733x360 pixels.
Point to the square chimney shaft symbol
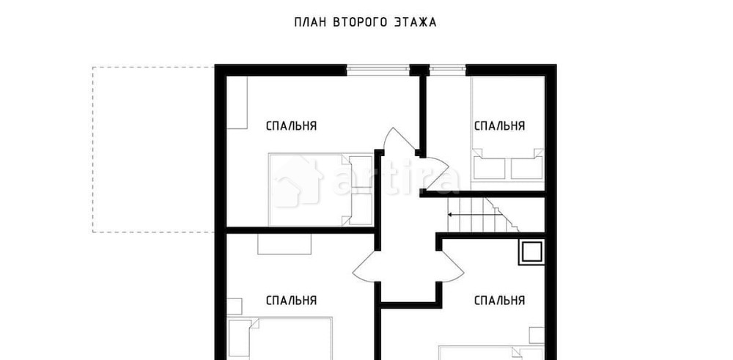point(531,252)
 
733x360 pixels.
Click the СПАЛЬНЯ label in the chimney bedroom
point(499,300)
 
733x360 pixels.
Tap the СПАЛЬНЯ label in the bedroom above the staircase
point(499,125)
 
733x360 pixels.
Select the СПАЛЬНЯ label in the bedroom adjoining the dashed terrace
point(291,125)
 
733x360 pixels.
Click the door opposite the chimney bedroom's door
point(366,268)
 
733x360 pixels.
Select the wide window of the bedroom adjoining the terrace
point(377,69)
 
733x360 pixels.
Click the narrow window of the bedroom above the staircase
point(447,69)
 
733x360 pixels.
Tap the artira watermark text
point(396,180)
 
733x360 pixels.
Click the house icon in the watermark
point(298,181)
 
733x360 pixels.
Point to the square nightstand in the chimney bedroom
point(536,334)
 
